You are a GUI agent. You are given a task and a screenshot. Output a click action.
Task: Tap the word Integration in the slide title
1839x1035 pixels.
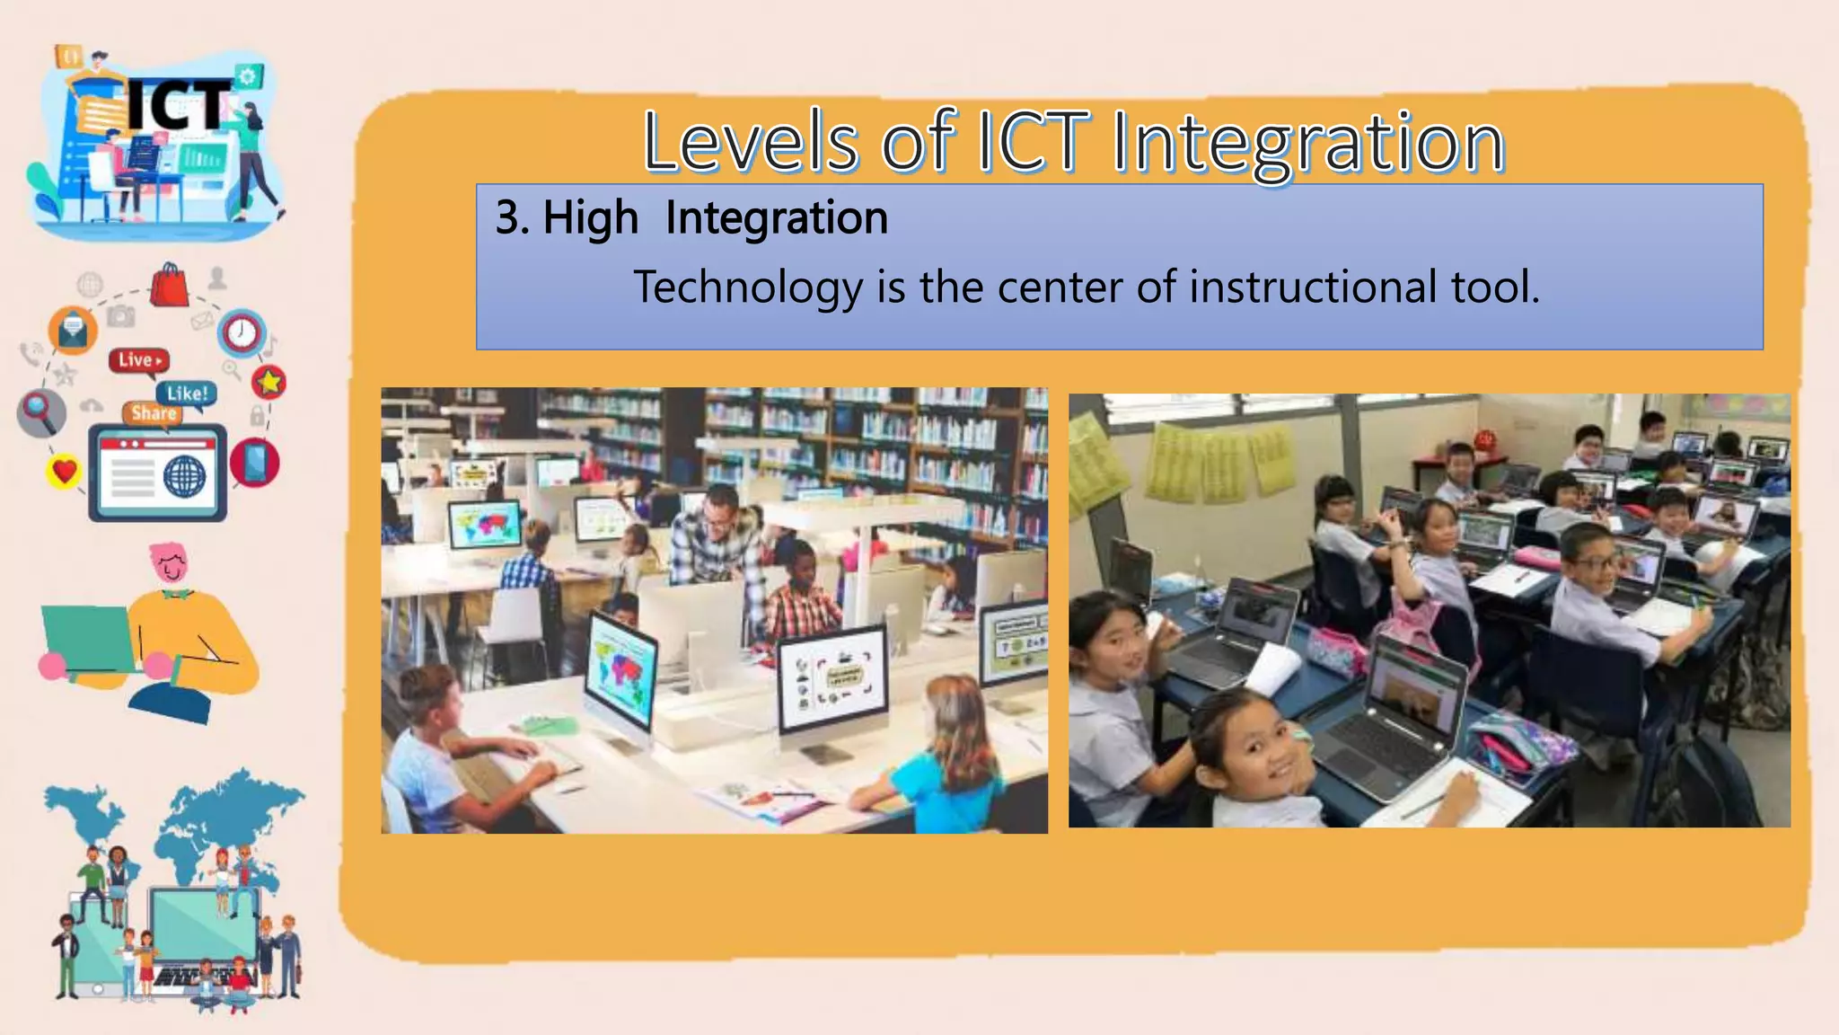pos(1307,144)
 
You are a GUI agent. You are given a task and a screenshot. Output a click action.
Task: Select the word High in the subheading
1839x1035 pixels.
pos(590,218)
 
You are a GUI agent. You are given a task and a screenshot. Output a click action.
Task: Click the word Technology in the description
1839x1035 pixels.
pos(748,287)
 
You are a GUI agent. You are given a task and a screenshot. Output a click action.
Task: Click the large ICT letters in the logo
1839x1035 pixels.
pos(177,106)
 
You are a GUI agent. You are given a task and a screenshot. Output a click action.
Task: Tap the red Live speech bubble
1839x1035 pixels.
pos(138,360)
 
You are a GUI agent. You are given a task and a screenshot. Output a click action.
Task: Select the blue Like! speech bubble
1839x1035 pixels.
pos(187,394)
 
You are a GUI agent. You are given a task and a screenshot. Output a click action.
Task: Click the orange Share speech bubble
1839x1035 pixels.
pos(154,413)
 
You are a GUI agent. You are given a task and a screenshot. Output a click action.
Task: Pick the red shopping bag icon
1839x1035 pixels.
pos(169,286)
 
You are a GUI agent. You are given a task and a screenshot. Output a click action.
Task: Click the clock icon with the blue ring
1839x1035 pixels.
pos(241,333)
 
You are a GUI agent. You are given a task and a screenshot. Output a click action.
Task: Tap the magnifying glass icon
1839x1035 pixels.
pos(40,411)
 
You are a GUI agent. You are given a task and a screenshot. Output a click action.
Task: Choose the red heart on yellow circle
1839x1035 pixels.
pos(64,470)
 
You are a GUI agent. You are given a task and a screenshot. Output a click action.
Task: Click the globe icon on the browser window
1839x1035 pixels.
pos(185,475)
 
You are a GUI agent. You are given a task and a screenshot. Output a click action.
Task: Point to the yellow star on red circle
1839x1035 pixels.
pos(268,383)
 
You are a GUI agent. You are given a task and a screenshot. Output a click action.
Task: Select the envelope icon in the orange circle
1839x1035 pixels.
pos(73,331)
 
